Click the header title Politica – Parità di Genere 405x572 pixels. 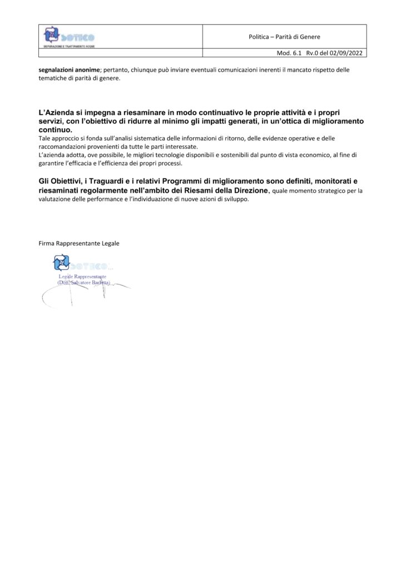click(284, 37)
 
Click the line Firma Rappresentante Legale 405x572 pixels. click(79, 243)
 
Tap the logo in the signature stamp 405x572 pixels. click(61, 263)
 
